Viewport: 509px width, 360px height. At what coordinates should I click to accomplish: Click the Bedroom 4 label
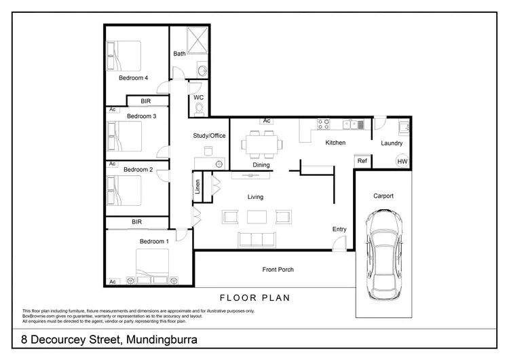click(x=133, y=78)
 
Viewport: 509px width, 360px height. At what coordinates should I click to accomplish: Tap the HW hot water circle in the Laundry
click(x=402, y=161)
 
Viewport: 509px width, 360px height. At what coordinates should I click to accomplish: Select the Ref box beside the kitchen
click(x=362, y=161)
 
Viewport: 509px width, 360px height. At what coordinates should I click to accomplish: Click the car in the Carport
click(x=383, y=253)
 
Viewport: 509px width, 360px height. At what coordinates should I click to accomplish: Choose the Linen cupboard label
click(x=197, y=185)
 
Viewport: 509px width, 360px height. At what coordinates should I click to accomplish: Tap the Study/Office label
click(x=209, y=136)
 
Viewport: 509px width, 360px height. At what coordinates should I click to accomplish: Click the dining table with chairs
click(x=261, y=144)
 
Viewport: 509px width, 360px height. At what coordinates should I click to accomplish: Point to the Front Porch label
click(x=278, y=270)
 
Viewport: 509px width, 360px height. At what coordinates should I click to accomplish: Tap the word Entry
click(x=339, y=230)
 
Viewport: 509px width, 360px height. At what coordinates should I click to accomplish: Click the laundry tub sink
click(x=403, y=125)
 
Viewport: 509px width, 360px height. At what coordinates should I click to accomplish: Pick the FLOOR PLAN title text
click(x=254, y=298)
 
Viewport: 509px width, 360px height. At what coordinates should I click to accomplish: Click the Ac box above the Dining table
click(x=267, y=121)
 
